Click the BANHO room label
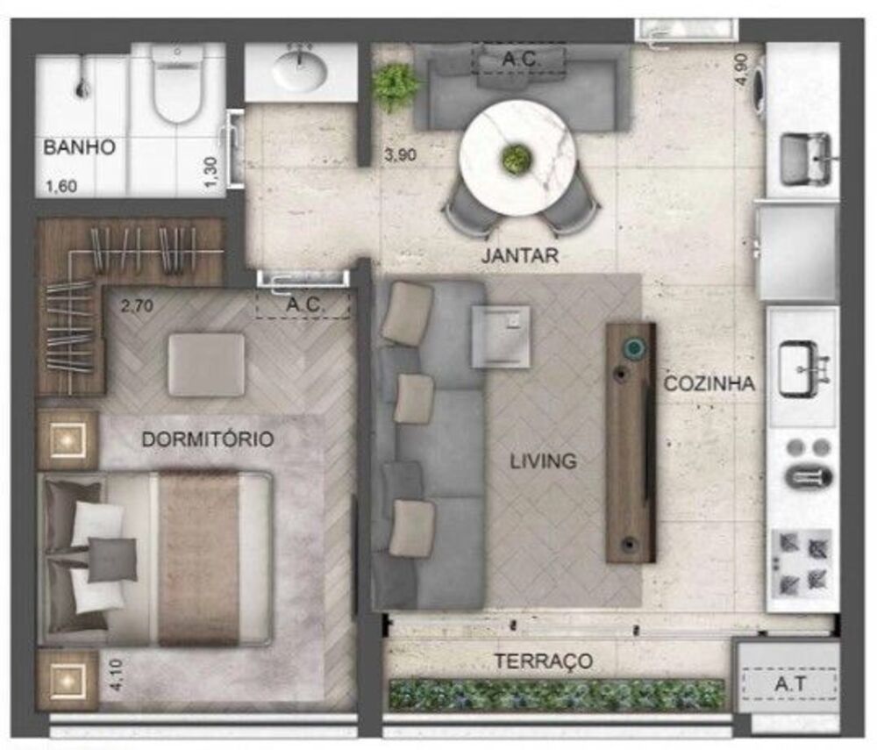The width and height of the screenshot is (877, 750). tap(79, 147)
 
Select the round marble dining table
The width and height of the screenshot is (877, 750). tap(517, 158)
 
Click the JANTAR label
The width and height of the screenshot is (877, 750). tap(519, 256)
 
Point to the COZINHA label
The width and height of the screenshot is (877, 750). tap(709, 383)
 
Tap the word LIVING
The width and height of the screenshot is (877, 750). tap(544, 461)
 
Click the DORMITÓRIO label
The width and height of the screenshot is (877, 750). tap(208, 439)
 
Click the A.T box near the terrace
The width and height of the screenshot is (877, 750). tap(788, 682)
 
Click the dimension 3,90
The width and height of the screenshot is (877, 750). tap(400, 156)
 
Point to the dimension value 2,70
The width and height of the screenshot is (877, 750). tap(138, 307)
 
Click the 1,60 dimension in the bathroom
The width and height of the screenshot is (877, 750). tap(62, 185)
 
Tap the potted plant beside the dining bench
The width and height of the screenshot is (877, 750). tap(396, 87)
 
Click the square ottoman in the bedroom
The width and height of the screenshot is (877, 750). tap(206, 363)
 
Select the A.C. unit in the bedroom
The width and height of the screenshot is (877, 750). tap(303, 305)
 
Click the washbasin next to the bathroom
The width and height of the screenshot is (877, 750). tap(300, 71)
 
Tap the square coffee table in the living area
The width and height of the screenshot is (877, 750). tap(500, 336)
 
